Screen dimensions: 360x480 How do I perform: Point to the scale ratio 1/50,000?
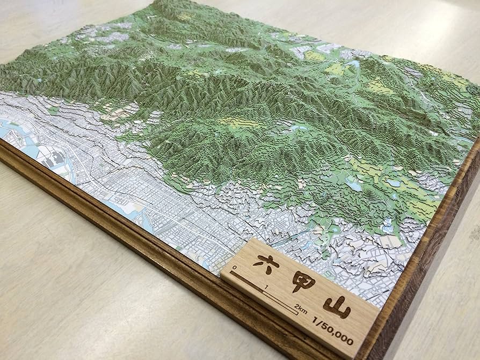coord(333,332)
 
